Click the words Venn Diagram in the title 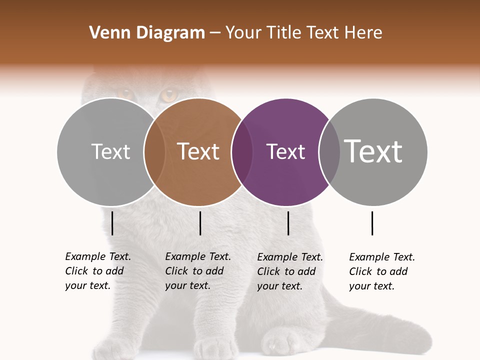147,33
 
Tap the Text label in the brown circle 198,151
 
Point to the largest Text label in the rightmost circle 373,151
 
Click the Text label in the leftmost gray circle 110,151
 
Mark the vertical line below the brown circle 200,223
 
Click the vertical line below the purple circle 288,223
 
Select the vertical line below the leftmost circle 112,223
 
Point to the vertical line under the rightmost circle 372,223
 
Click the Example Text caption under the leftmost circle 98,271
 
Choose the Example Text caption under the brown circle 198,271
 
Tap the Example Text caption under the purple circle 290,271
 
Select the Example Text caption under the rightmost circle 382,271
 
